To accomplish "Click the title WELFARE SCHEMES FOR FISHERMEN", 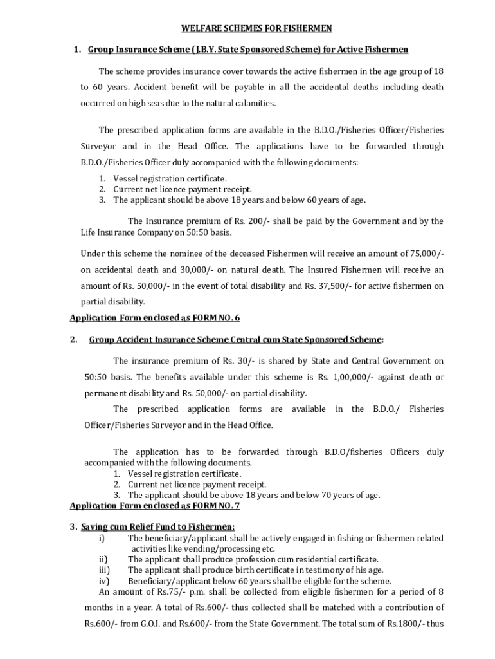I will pyautogui.click(x=247, y=28).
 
